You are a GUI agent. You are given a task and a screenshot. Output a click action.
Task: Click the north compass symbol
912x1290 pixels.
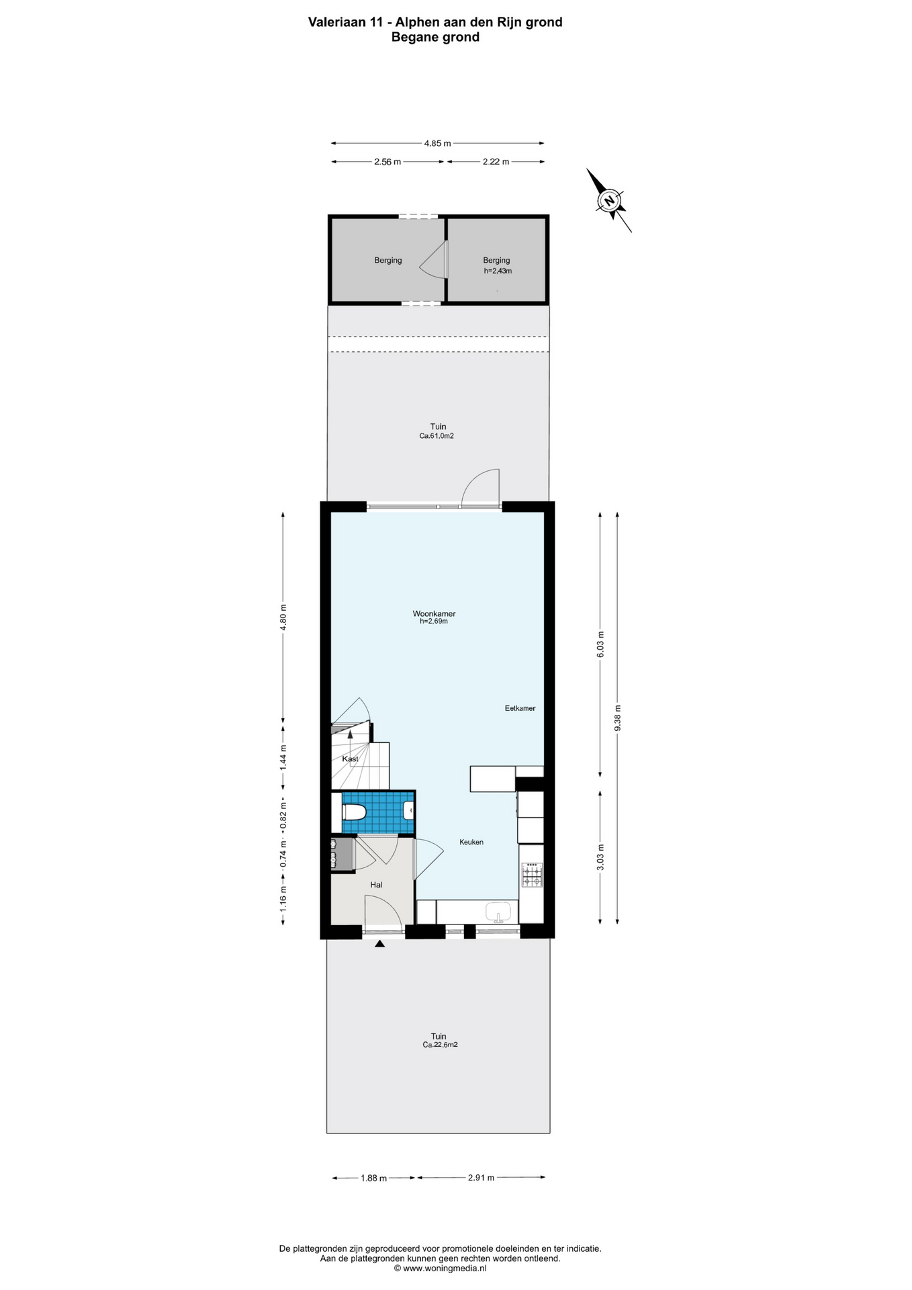[x=609, y=200]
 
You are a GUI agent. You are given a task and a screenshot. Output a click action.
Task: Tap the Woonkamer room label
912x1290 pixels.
[x=434, y=613]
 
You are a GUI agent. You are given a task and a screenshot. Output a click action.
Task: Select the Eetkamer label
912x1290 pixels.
[x=520, y=708]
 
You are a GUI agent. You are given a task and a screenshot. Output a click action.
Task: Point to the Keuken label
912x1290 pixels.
[x=471, y=842]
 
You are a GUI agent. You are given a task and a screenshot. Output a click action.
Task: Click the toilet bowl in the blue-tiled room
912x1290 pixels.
[x=353, y=812]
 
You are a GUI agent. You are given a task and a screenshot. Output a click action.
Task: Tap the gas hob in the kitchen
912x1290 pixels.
[x=532, y=874]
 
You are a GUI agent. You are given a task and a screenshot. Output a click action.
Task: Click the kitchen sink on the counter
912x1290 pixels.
[x=498, y=912]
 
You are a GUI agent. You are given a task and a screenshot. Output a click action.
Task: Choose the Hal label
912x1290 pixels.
[x=376, y=885]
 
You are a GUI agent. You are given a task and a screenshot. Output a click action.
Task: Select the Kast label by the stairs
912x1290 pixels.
[x=350, y=759]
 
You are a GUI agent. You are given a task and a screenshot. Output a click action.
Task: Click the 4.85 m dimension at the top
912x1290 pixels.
[x=437, y=143]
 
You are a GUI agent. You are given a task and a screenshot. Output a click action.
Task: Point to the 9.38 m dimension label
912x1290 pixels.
[x=618, y=718]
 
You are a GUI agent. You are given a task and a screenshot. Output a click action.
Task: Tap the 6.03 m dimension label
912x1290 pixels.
[x=600, y=644]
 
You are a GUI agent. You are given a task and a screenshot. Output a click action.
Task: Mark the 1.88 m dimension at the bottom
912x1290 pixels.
[x=373, y=1178]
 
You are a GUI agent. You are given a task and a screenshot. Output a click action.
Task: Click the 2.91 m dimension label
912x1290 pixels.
[x=481, y=1178]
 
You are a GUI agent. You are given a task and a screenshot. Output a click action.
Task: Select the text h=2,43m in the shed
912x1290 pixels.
[x=498, y=271]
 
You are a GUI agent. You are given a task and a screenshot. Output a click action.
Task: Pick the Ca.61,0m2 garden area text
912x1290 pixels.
[x=437, y=435]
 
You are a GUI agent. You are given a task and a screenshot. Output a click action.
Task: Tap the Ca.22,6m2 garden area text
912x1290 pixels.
[x=440, y=1045]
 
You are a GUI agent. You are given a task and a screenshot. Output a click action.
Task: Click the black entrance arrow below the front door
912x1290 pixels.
[x=379, y=943]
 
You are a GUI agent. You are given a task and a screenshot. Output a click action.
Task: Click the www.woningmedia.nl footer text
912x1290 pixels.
[x=440, y=1268]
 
